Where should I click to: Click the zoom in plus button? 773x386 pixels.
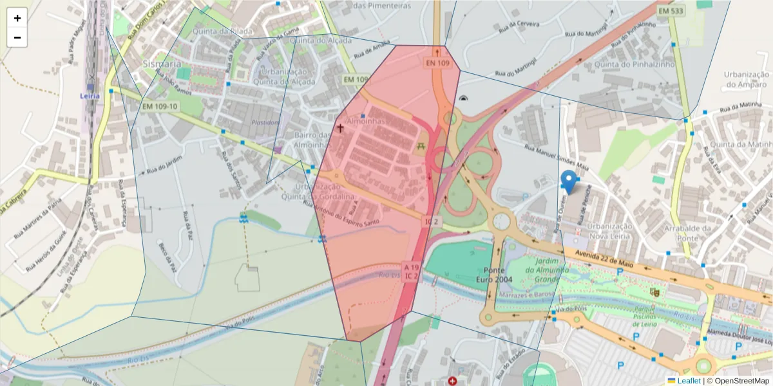(x=17, y=18)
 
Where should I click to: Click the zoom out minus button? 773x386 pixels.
(x=17, y=37)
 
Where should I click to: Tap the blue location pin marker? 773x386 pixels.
(x=569, y=181)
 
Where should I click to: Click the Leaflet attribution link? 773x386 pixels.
(x=688, y=381)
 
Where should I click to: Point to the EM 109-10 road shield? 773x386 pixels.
(x=160, y=106)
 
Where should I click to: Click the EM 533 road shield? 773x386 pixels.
(x=671, y=11)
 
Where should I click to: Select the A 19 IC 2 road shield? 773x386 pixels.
(x=412, y=271)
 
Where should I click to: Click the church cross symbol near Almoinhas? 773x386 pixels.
(x=340, y=129)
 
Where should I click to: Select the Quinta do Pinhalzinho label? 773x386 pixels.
(x=635, y=64)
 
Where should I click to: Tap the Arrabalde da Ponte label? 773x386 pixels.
(x=689, y=233)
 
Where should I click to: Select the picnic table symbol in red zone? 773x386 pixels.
(x=423, y=147)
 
